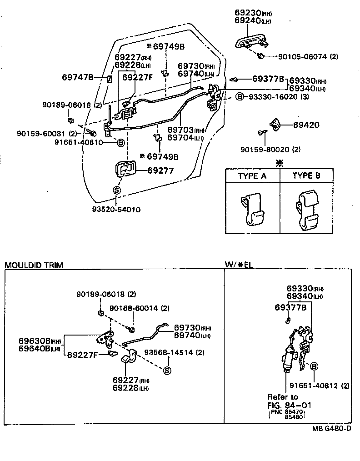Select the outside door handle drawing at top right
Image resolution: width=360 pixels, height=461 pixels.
click(x=251, y=42)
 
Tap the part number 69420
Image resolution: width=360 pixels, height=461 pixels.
click(x=306, y=125)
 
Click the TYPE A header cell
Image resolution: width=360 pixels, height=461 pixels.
click(x=252, y=176)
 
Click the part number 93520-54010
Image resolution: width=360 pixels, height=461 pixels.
click(x=116, y=210)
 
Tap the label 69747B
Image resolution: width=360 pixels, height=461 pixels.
click(x=77, y=78)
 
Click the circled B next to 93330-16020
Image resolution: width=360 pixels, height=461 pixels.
click(x=240, y=97)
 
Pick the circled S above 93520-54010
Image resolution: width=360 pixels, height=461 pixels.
click(x=116, y=190)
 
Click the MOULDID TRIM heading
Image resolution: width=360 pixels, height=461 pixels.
click(x=34, y=265)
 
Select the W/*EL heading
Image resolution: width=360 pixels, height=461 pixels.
click(x=239, y=265)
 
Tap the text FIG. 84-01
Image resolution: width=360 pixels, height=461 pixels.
click(x=289, y=405)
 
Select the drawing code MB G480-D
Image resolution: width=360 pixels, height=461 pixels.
click(x=331, y=429)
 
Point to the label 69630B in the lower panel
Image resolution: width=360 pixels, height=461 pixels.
click(x=34, y=341)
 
